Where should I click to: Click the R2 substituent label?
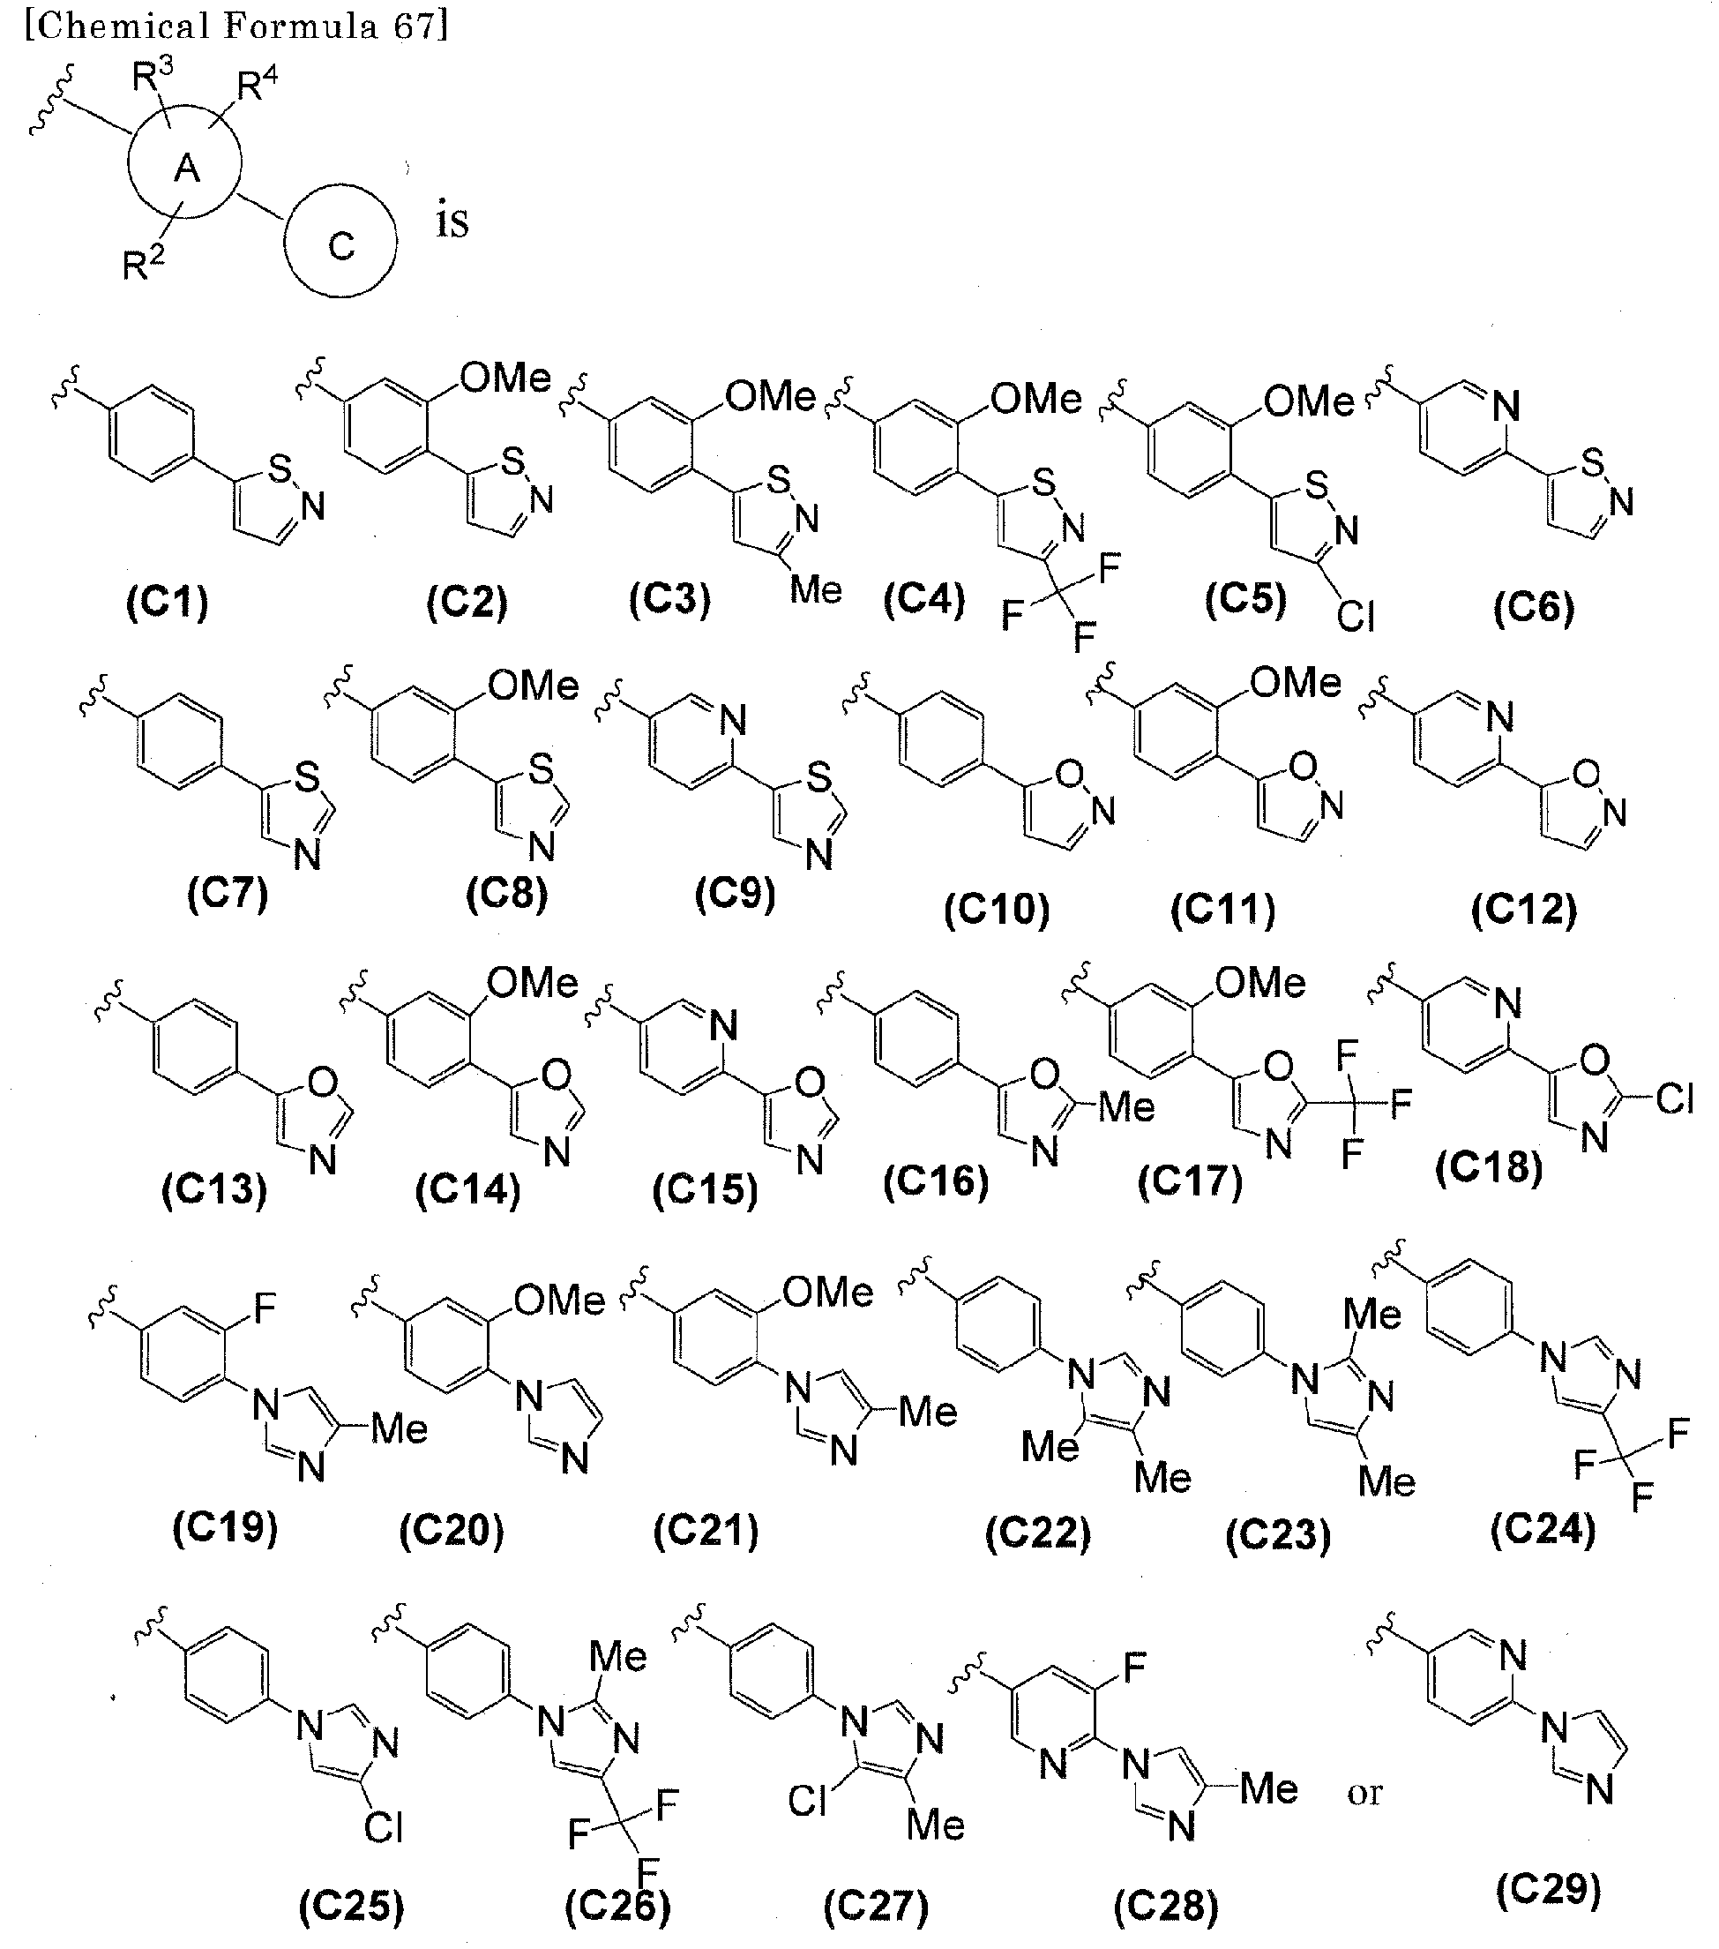click(x=143, y=263)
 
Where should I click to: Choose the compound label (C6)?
click(x=1533, y=607)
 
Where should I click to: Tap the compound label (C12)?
click(x=1523, y=910)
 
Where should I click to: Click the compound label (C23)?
click(x=1278, y=1536)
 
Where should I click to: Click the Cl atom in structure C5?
click(x=1356, y=618)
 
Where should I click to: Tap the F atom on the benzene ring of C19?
click(x=264, y=1309)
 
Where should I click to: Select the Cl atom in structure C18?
click(x=1674, y=1100)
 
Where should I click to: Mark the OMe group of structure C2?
click(x=505, y=379)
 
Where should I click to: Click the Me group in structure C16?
click(x=1127, y=1107)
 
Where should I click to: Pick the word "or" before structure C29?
click(x=1364, y=1794)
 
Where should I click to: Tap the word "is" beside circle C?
click(x=452, y=222)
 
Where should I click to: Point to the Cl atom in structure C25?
click(x=385, y=1827)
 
